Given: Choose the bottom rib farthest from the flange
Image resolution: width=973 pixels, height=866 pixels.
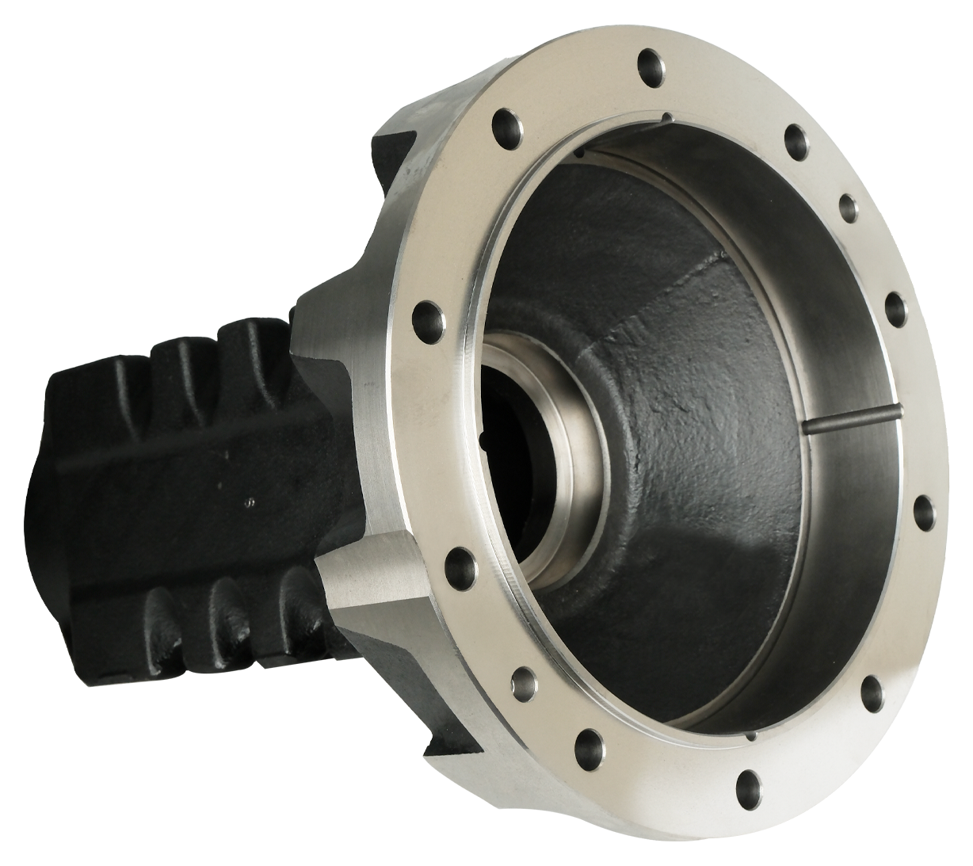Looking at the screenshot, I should tap(162, 626).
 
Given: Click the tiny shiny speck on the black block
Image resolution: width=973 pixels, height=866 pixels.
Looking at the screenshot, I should tap(249, 501).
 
